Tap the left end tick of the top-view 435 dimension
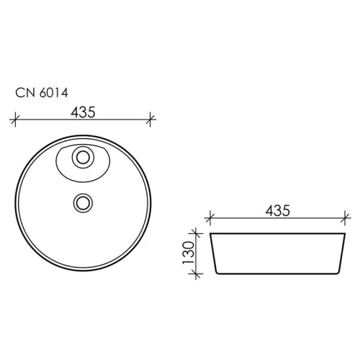click(15, 120)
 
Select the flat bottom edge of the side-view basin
click(277, 274)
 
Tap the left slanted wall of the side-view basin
click(214, 253)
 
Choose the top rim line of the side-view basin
click(277, 233)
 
